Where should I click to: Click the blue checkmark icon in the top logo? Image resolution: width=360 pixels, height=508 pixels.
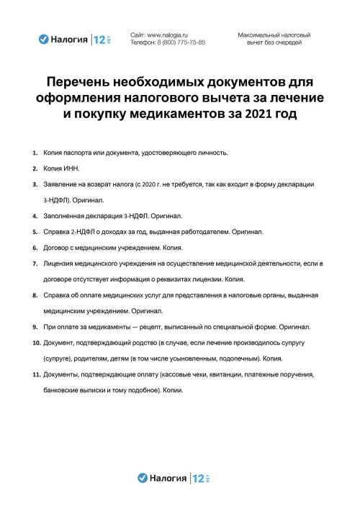coord(43,40)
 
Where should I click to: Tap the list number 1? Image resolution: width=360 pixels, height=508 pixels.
coord(35,153)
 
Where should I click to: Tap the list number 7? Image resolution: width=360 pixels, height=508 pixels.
coord(35,263)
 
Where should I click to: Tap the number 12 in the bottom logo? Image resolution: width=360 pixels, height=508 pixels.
coord(197,477)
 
